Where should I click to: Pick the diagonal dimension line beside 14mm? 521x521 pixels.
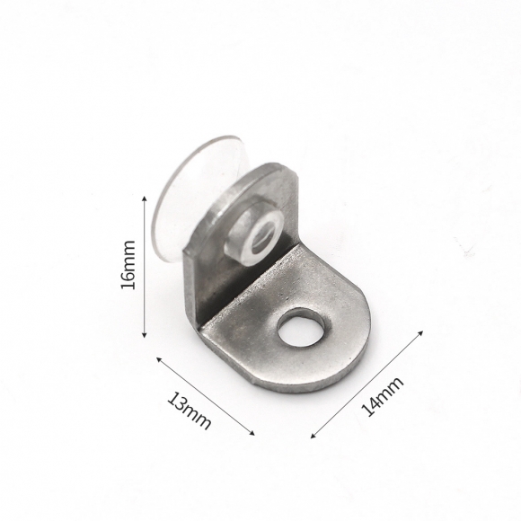coord(366,384)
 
